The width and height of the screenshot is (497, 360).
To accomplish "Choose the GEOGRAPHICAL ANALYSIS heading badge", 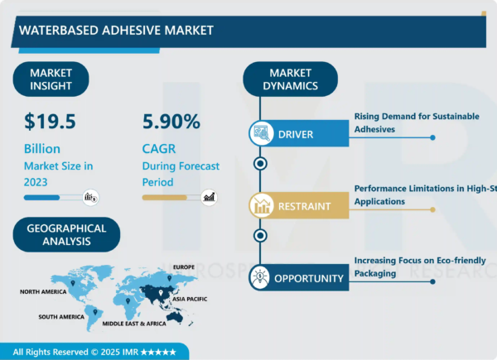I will point(66,235).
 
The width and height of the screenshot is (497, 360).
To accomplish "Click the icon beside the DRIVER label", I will point(261,133).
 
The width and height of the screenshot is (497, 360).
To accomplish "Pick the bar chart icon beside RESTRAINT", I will point(261,206).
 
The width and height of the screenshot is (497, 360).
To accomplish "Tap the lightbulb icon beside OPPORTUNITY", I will point(261,278).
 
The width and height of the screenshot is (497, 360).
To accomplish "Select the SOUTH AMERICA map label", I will point(61,317).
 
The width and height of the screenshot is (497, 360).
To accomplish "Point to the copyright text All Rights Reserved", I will point(93,351).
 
